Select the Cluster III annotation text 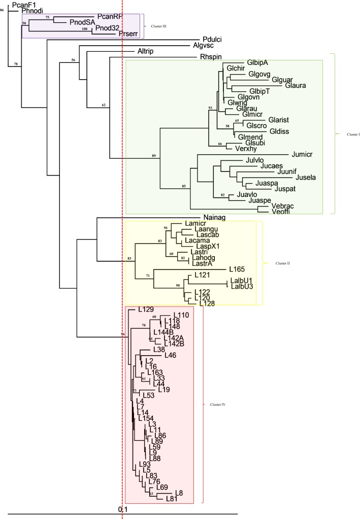[x=154, y=26]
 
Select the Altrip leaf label [x=145, y=52]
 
